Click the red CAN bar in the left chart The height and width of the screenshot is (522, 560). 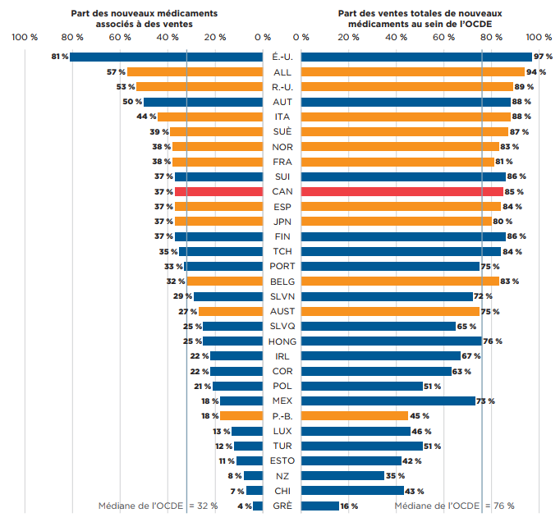point(218,191)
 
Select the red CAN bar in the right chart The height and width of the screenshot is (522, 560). point(402,191)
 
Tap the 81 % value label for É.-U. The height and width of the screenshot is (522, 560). point(58,57)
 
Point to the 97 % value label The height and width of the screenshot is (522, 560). point(543,57)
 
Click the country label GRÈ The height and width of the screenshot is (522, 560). point(282,506)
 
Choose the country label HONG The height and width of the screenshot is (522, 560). point(282,341)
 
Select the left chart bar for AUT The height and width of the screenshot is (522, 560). point(203,102)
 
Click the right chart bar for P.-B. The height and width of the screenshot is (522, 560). point(355,415)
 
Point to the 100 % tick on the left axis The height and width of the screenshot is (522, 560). point(25,38)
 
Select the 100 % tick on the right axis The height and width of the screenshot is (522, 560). point(539,38)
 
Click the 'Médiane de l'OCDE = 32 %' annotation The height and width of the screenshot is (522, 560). point(158,506)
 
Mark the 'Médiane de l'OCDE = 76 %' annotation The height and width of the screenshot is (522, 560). point(454,506)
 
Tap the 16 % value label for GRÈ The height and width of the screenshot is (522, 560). point(349,506)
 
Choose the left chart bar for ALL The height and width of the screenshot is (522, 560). point(195,72)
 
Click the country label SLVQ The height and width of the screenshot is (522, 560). point(282,326)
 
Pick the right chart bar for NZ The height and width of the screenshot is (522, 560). point(343,475)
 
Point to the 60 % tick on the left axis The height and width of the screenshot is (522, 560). point(120,38)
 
